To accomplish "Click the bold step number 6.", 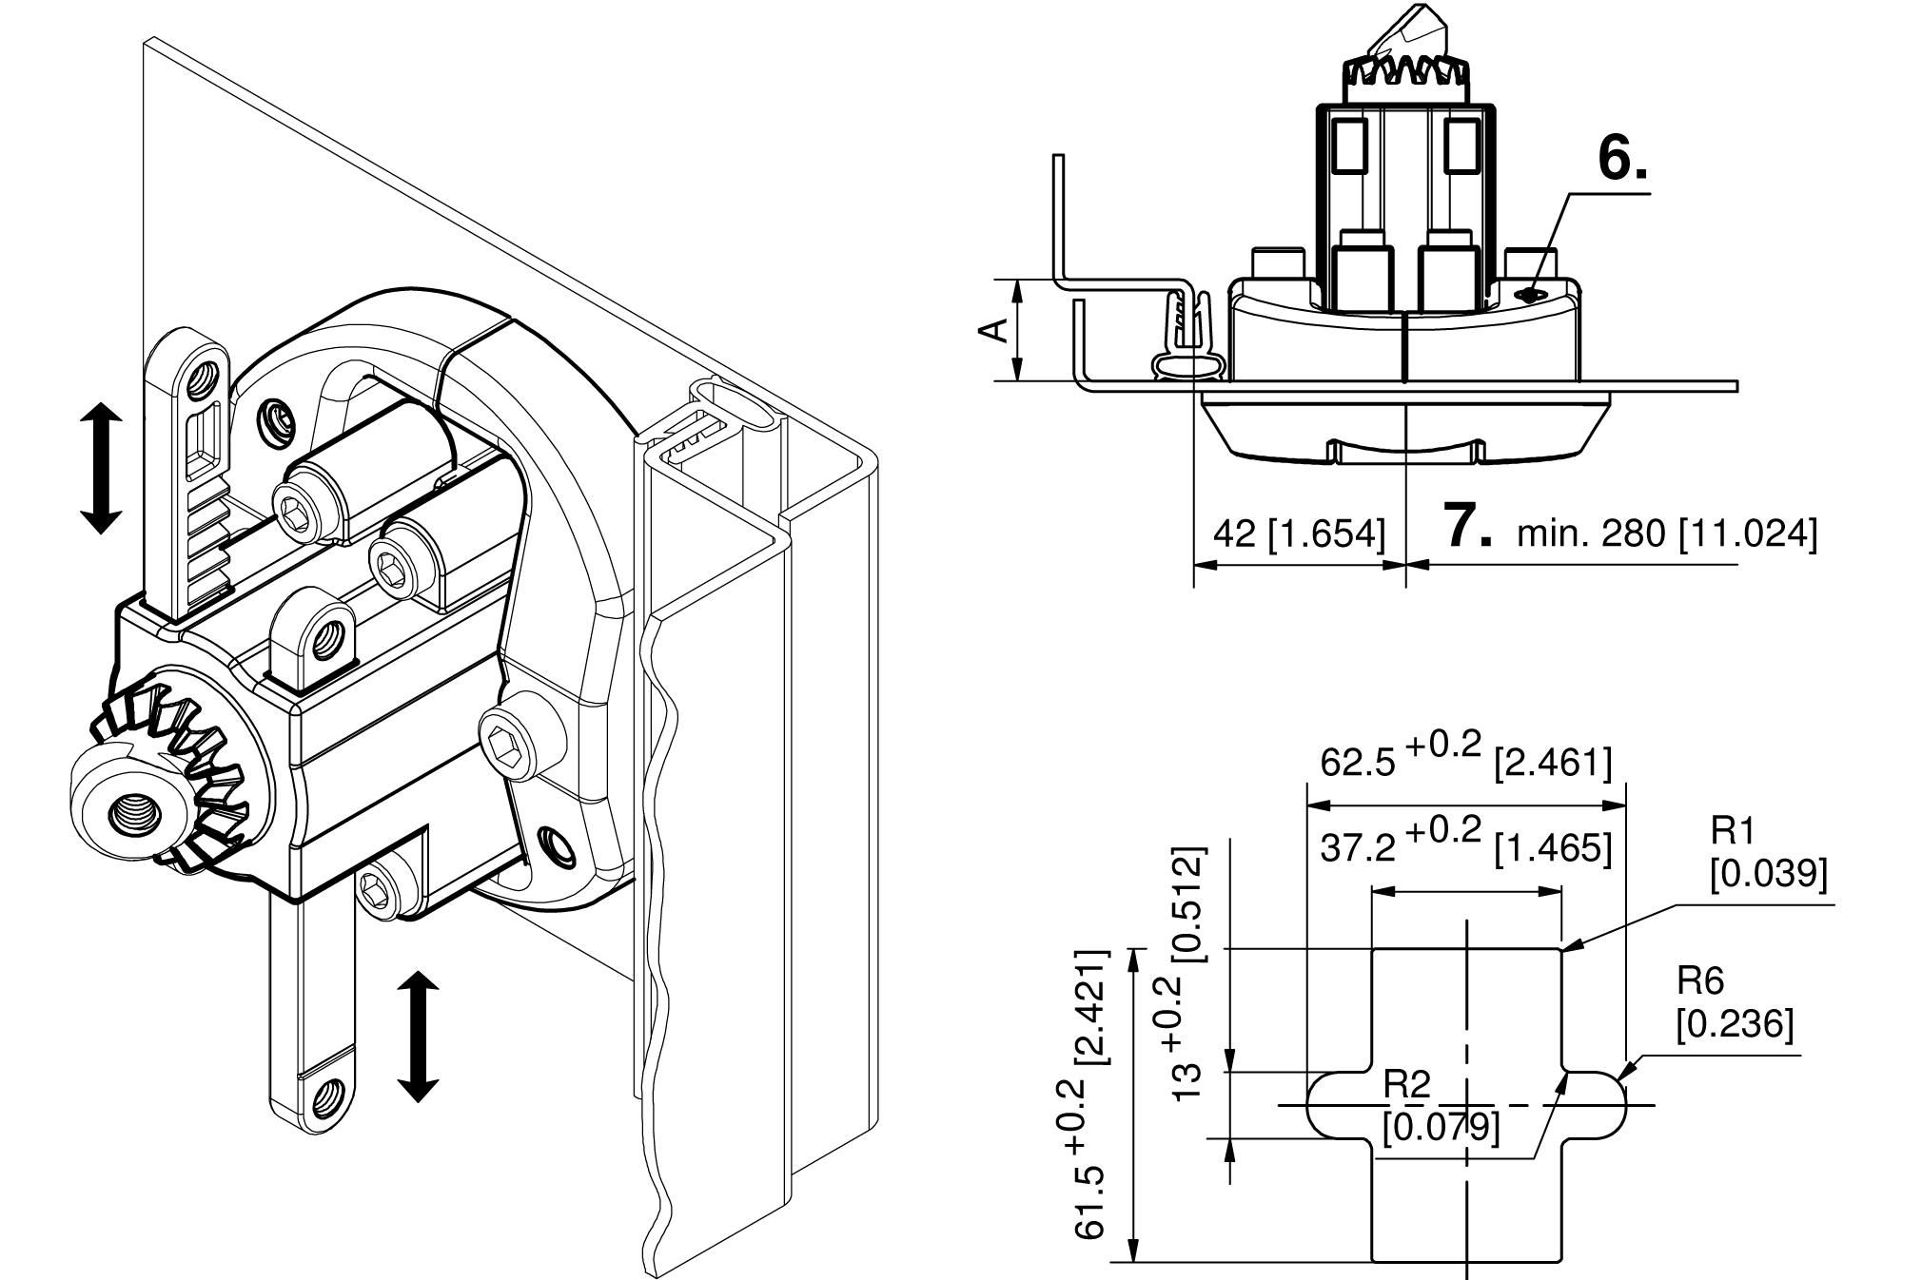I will point(1621,159).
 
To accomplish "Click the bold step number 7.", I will point(1469,526).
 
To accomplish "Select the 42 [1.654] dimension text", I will point(1299,534).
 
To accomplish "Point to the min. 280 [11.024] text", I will point(1666,534).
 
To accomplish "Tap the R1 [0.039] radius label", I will point(1767,855).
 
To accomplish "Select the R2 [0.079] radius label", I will point(1440,1107).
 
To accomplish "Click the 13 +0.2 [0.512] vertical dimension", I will point(1187,974).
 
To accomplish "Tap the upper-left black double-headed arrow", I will point(101,467).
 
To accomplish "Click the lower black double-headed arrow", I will point(417,1037).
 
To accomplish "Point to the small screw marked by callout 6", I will point(1529,296).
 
